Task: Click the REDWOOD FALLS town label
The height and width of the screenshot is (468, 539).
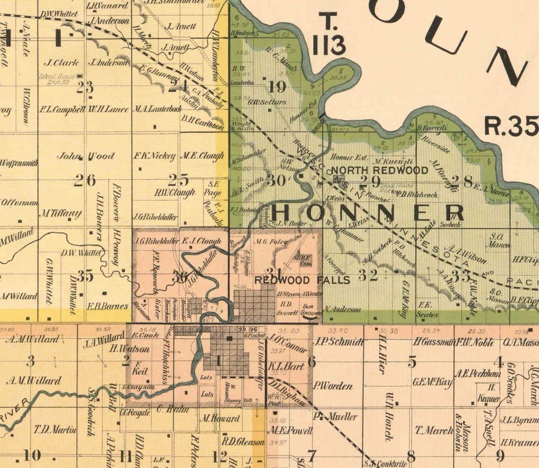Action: (303, 280)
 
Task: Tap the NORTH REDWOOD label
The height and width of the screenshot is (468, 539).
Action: (379, 170)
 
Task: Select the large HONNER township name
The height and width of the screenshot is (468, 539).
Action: (369, 213)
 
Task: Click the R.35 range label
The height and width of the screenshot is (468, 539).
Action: (511, 126)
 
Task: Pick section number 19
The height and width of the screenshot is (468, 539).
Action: (277, 87)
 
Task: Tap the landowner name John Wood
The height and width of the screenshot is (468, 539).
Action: (86, 156)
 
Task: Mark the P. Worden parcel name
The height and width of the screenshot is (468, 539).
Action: (333, 386)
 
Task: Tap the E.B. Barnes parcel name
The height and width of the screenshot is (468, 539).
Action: (108, 306)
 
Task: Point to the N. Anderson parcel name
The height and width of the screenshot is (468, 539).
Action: (343, 310)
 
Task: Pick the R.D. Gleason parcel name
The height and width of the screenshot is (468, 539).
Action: (243, 442)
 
